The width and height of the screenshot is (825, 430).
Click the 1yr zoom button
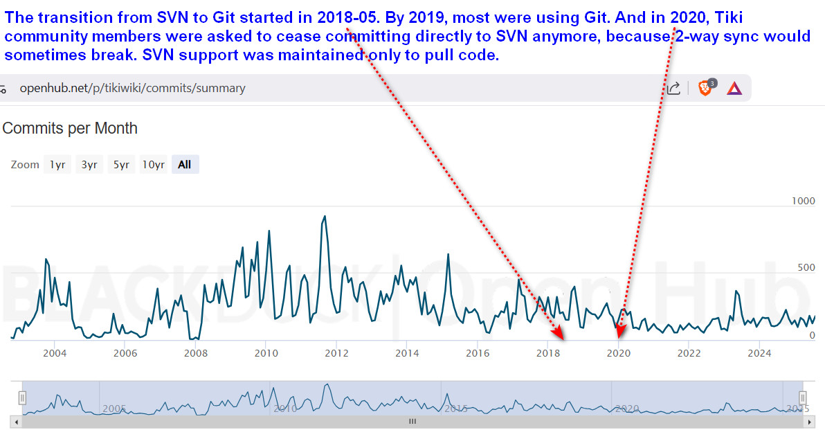(x=57, y=165)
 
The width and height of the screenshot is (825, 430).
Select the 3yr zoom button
(x=89, y=165)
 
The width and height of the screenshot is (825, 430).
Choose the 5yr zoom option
(x=122, y=165)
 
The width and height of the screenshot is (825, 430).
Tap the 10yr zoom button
(x=154, y=165)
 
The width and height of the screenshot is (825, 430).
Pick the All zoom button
(x=185, y=165)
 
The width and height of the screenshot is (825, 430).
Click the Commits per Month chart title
(x=70, y=128)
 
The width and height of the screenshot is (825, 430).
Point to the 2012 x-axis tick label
(x=337, y=353)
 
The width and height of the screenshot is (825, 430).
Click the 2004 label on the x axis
(x=55, y=353)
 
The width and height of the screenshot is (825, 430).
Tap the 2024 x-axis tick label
(x=759, y=353)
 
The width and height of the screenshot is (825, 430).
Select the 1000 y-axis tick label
(x=803, y=201)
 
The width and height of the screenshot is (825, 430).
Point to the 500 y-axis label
(x=806, y=267)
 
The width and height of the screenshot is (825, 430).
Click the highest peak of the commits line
(x=325, y=216)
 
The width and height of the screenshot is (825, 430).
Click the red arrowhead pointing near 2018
(x=559, y=332)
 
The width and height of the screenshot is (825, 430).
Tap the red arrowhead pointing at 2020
(x=620, y=331)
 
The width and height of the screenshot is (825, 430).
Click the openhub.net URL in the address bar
(x=133, y=88)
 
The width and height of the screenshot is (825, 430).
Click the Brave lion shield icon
(x=705, y=87)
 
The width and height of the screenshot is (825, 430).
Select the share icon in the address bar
(x=673, y=88)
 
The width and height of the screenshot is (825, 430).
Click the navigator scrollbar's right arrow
(x=809, y=422)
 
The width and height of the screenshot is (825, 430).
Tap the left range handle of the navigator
(x=22, y=397)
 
